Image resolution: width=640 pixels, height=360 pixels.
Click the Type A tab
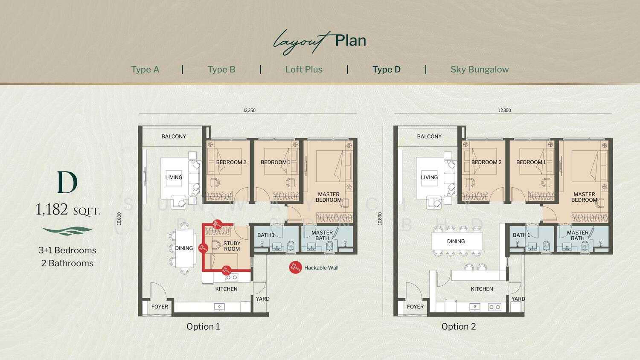[145, 70]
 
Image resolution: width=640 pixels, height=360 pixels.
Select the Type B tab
[221, 70]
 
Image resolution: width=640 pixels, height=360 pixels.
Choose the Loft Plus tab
[304, 70]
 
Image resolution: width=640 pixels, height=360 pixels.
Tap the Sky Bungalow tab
[480, 70]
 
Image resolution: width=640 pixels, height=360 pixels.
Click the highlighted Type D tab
[387, 70]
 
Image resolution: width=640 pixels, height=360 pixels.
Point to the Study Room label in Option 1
[232, 246]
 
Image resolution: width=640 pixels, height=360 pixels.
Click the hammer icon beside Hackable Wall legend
[295, 268]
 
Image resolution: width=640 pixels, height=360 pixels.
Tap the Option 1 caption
[203, 326]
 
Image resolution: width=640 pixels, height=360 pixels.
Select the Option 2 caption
[459, 326]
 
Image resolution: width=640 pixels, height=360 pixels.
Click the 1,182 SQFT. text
[68, 210]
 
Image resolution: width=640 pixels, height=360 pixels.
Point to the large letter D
[67, 182]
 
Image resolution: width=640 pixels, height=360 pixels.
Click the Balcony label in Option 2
[429, 136]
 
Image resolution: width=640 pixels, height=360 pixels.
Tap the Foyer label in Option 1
[160, 307]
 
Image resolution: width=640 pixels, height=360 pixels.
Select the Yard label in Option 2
[518, 299]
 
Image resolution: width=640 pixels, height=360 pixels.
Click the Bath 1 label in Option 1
[266, 235]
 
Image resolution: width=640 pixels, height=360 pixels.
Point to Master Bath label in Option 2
[577, 235]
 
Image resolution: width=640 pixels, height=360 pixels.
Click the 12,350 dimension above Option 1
[249, 110]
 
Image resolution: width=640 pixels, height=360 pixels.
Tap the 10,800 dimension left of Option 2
[380, 218]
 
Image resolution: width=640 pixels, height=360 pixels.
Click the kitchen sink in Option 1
[219, 307]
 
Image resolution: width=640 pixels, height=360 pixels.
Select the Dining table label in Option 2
[456, 241]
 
